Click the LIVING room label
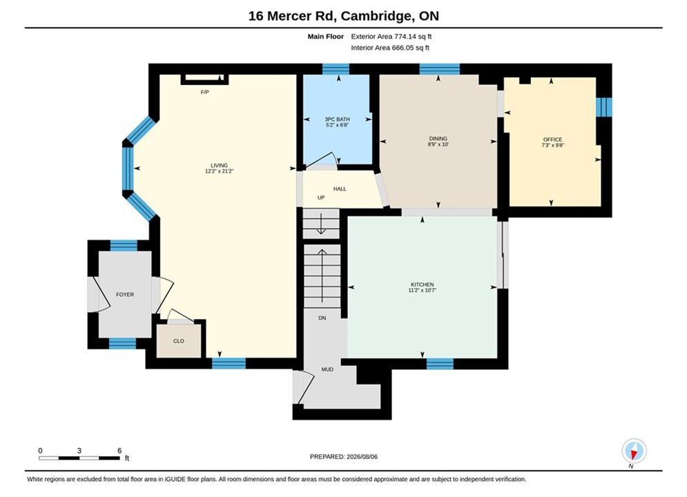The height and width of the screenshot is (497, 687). (219, 166)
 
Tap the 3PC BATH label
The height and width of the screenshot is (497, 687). (337, 119)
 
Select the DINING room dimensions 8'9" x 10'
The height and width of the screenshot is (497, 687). (438, 144)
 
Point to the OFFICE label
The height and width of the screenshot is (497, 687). (552, 139)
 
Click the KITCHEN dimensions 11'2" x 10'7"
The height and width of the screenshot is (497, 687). (423, 291)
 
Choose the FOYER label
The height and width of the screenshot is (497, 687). (125, 295)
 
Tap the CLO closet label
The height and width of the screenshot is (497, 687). (179, 341)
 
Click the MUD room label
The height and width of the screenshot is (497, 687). (327, 369)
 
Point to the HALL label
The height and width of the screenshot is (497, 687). (340, 189)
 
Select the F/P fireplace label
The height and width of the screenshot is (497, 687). (204, 92)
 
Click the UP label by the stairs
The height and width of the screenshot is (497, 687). (321, 198)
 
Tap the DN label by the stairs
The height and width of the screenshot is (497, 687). (322, 318)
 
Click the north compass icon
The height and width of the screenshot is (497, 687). (634, 451)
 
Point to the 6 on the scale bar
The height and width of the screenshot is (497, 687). (119, 451)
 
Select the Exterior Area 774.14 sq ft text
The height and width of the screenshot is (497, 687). (391, 37)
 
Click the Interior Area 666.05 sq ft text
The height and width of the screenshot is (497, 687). (390, 48)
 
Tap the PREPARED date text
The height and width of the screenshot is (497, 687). (344, 457)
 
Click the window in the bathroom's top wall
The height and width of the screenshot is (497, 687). (336, 69)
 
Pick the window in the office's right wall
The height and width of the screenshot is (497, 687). (603, 107)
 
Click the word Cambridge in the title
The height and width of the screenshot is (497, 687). (376, 16)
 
